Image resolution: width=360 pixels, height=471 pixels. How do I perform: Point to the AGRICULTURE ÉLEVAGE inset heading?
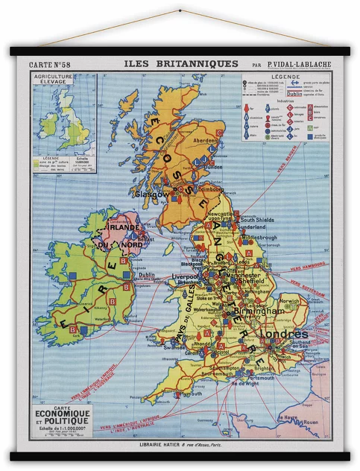(54, 80)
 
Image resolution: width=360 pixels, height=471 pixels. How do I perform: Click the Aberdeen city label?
(206, 140)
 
